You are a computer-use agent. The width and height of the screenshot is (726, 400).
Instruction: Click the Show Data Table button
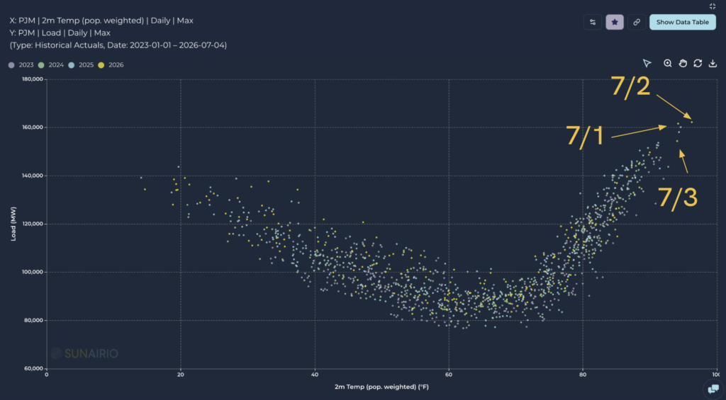[683, 22]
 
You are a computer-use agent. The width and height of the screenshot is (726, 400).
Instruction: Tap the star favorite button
[615, 22]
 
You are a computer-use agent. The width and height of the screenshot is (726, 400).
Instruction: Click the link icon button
[637, 22]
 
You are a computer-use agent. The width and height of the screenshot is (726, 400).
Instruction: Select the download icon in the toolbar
[713, 63]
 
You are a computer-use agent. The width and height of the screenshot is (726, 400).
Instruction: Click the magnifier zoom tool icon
[667, 63]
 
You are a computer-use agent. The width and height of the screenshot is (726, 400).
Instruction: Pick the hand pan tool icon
[683, 63]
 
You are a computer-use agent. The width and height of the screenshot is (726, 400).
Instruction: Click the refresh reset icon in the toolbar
[698, 63]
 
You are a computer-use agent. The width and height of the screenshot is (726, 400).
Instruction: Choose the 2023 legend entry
[21, 65]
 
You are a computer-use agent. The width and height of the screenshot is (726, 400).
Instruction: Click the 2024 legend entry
[51, 65]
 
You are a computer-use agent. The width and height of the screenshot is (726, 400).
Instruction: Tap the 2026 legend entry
[111, 65]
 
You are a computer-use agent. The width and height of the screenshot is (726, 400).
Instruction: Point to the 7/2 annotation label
[630, 86]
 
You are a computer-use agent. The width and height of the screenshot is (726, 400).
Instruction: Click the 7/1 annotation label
[585, 136]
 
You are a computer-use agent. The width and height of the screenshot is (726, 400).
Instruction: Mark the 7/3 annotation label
[677, 198]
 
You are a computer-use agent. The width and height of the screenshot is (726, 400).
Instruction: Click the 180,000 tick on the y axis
[33, 79]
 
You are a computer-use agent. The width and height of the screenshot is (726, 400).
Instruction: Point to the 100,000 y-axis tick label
[33, 272]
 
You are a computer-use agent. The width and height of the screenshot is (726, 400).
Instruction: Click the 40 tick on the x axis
[315, 375]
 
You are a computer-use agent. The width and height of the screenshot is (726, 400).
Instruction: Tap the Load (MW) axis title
[13, 224]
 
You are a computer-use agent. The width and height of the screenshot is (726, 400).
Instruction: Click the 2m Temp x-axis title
[381, 387]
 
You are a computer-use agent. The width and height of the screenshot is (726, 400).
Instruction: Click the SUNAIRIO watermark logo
[84, 354]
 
